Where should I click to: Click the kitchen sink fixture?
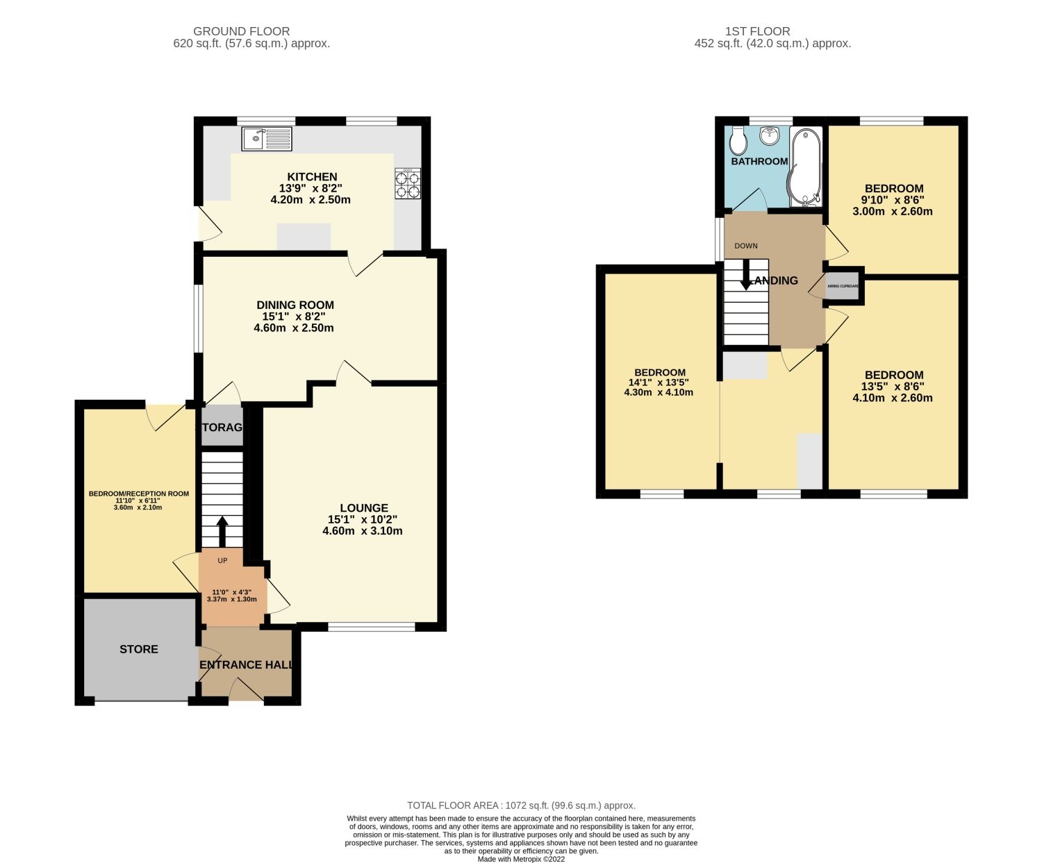click(267, 139)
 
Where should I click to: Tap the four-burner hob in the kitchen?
click(408, 184)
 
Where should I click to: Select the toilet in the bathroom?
click(738, 142)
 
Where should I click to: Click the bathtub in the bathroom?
click(805, 167)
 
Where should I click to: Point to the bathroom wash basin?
click(769, 136)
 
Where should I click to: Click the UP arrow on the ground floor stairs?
click(222, 531)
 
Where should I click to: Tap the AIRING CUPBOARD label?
click(843, 286)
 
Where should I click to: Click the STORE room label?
click(139, 649)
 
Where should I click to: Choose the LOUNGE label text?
click(363, 508)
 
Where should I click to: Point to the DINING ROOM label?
click(295, 305)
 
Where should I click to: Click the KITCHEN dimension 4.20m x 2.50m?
click(311, 200)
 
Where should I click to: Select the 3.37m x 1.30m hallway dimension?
click(232, 599)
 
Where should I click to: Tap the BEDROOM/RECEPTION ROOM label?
click(139, 494)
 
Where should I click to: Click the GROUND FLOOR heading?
click(241, 31)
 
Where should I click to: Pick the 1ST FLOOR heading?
click(757, 31)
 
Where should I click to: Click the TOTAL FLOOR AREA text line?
click(521, 805)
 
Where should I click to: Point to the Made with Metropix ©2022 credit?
click(521, 859)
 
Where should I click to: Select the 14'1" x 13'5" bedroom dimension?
click(658, 383)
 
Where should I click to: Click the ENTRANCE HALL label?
click(246, 665)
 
